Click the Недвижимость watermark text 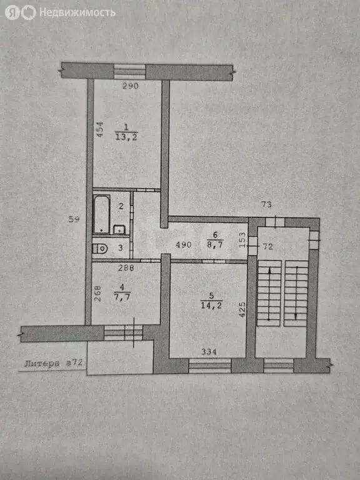pos(77,12)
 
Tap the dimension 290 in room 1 pos(129,86)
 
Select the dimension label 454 pos(99,129)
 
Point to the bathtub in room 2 pos(102,214)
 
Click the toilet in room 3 pos(100,249)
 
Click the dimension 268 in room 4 pos(98,294)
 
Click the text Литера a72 pos(54,362)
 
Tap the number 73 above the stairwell pos(267,204)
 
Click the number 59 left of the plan pos(74,219)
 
